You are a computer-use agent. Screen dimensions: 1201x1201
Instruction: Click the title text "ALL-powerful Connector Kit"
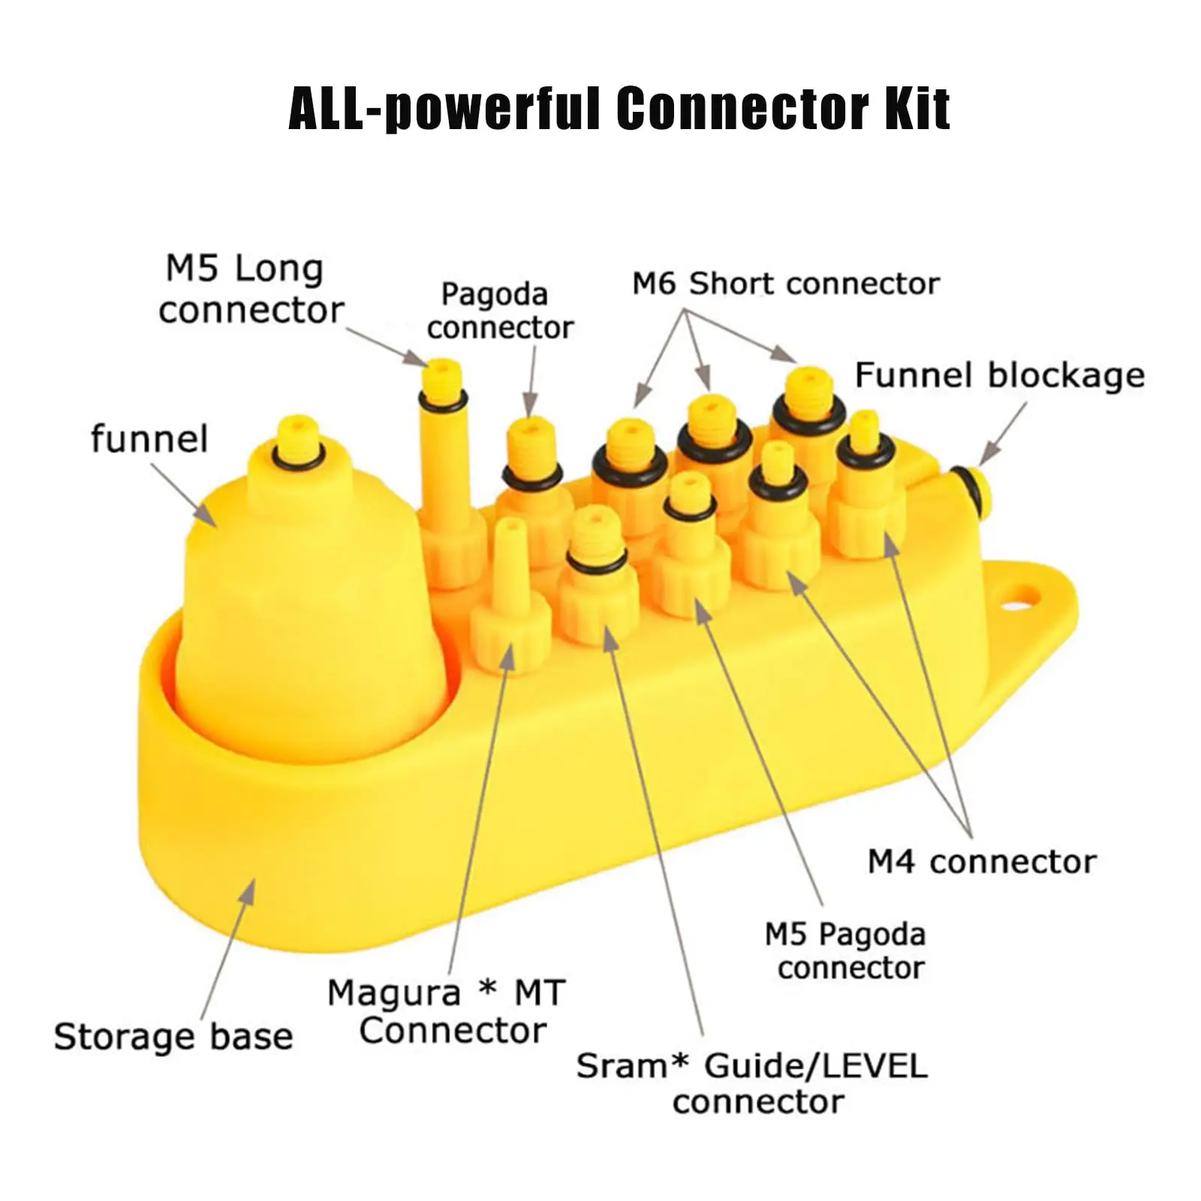pyautogui.click(x=619, y=110)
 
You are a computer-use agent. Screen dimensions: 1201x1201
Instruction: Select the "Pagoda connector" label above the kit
pyautogui.click(x=499, y=311)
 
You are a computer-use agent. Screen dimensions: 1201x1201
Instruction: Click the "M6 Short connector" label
pyautogui.click(x=785, y=284)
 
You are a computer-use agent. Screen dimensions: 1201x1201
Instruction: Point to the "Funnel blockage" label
pyautogui.click(x=999, y=375)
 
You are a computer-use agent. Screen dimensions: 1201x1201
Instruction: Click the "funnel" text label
pyautogui.click(x=149, y=439)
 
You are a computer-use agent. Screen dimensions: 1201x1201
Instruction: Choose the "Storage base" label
pyautogui.click(x=173, y=1037)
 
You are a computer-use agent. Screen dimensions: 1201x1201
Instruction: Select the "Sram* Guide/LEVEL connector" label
pyautogui.click(x=752, y=1083)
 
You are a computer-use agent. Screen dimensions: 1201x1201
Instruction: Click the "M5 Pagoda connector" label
pyautogui.click(x=846, y=950)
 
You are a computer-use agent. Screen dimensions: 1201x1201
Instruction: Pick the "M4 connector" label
pyautogui.click(x=982, y=862)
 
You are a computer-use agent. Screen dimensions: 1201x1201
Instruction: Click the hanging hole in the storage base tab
pyautogui.click(x=1023, y=598)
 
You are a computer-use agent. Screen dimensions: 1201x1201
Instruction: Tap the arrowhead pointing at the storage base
pyautogui.click(x=249, y=889)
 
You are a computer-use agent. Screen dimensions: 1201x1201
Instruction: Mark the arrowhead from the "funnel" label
pyautogui.click(x=208, y=517)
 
